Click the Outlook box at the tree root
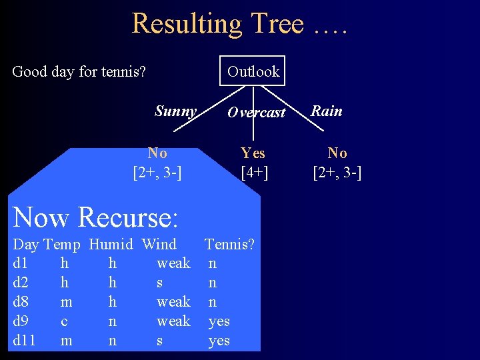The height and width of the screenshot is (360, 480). [253, 71]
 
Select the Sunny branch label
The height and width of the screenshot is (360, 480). [175, 111]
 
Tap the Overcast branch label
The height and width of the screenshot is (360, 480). [256, 113]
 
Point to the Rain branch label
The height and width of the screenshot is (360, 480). [327, 111]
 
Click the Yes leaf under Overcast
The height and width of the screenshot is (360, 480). [253, 153]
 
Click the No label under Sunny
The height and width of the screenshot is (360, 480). [157, 153]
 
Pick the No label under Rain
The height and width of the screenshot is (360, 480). [337, 153]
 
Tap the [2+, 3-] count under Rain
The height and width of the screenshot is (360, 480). [337, 174]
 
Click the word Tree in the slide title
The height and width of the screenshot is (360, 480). [276, 24]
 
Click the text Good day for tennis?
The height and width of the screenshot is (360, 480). [79, 71]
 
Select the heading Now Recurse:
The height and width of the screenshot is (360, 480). [95, 217]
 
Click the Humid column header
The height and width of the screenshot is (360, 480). [111, 245]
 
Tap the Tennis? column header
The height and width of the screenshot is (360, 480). [229, 245]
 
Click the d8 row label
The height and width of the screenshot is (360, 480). [21, 302]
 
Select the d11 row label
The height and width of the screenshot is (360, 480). [23, 341]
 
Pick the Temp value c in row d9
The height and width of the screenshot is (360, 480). [64, 321]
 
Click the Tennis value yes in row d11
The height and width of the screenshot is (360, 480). [219, 341]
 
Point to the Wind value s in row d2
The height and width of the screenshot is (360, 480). [160, 283]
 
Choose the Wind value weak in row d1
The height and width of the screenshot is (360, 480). [173, 263]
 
